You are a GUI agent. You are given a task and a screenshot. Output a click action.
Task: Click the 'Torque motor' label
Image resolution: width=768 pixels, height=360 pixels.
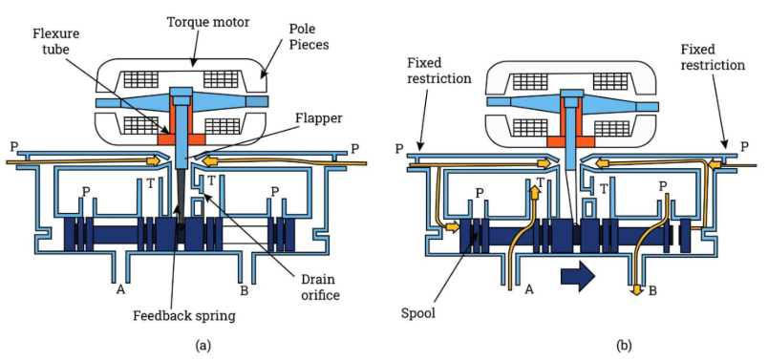(x=208, y=22)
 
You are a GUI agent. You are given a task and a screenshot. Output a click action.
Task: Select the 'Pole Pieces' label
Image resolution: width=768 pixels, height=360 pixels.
(x=309, y=36)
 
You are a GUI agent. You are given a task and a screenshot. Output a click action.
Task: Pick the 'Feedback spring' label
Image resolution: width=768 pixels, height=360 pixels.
(x=184, y=316)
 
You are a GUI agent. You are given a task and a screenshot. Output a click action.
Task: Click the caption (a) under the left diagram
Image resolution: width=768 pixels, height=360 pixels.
(x=203, y=347)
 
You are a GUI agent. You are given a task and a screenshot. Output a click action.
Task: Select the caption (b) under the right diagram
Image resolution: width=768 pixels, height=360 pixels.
(x=624, y=347)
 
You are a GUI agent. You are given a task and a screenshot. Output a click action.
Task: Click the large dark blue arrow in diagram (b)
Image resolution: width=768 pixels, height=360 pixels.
(x=578, y=276)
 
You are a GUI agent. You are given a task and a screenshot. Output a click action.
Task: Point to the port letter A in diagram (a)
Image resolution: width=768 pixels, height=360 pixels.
(x=120, y=290)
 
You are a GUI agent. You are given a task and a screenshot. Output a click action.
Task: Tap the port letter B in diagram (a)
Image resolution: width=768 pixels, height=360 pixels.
(x=244, y=290)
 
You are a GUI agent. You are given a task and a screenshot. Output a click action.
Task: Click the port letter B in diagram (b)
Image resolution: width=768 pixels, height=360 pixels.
(x=652, y=291)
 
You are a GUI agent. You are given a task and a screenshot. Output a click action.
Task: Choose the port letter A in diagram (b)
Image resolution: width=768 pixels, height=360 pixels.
(x=529, y=290)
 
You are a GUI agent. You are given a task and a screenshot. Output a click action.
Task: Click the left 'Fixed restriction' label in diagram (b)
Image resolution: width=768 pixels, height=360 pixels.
(x=438, y=70)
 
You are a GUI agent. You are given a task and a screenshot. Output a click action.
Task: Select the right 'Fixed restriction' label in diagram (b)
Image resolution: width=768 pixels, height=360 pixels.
(x=713, y=56)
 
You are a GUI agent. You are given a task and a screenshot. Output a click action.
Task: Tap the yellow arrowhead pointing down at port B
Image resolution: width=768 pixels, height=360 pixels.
(x=637, y=290)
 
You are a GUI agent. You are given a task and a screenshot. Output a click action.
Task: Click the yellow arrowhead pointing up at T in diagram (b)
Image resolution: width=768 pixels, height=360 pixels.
(x=534, y=192)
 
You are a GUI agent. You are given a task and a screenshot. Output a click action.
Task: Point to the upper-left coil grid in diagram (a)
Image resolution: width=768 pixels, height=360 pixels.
(x=140, y=79)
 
